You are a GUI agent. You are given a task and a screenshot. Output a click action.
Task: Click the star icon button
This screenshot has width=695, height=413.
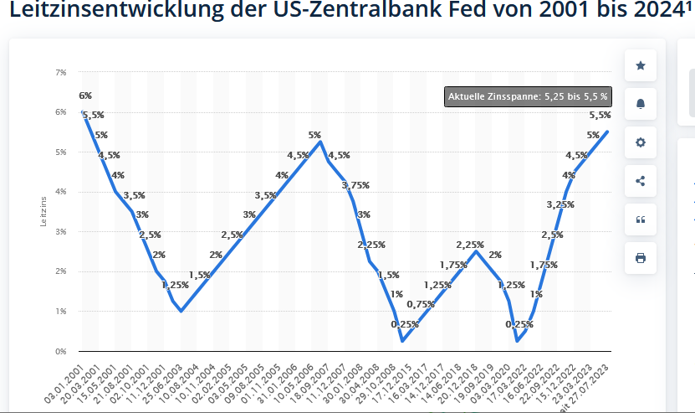point(641,65)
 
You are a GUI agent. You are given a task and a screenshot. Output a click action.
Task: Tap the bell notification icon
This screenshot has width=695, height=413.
point(641,104)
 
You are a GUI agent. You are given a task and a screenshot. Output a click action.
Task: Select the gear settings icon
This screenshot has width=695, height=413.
point(641,142)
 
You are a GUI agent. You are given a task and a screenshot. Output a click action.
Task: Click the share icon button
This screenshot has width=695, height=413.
point(641,181)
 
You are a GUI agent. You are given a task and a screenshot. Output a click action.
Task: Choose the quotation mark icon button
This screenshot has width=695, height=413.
point(641,219)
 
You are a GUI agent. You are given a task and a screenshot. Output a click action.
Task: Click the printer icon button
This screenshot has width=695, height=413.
point(641,258)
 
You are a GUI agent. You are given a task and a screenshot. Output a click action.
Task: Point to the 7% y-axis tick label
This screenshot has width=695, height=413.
point(61,73)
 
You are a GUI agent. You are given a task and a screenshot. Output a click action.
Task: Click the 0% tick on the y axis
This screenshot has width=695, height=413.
point(61,351)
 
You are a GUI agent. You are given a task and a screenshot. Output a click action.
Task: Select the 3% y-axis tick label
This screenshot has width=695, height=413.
point(61,232)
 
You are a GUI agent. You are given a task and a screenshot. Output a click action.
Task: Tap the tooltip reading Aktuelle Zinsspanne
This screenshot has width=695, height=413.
point(528,97)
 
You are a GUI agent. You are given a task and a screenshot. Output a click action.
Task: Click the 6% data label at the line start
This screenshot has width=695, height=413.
point(85,96)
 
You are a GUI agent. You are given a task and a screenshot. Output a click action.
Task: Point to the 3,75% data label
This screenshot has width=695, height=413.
point(355,185)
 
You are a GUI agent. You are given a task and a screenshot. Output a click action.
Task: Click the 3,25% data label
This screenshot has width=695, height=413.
point(560,204)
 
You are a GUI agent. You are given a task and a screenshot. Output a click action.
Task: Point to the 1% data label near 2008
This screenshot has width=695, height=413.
point(396,294)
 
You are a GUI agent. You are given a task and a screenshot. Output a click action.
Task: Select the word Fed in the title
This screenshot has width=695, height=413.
point(450,13)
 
